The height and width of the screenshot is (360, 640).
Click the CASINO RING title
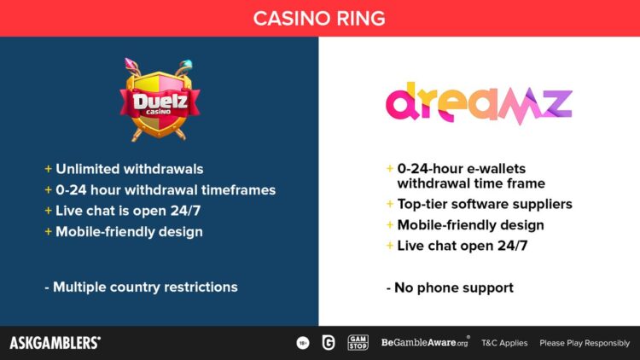[x=319, y=19]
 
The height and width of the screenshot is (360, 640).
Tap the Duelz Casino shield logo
[x=160, y=100]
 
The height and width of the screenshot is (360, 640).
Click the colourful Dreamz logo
[x=480, y=103]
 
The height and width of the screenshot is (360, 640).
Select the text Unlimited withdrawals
[x=130, y=169]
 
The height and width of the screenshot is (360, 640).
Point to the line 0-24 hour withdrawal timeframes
[x=166, y=189]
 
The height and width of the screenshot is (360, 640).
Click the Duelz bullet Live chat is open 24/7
[x=128, y=211]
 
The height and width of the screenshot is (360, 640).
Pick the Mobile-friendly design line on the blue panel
[x=130, y=232]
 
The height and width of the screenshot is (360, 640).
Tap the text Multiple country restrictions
[x=145, y=287]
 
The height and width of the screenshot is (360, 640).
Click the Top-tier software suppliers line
[x=485, y=204]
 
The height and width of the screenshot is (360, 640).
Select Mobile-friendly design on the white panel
[x=470, y=225]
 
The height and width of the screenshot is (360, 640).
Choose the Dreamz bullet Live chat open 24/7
[x=463, y=246]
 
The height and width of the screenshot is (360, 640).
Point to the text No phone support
[x=454, y=287]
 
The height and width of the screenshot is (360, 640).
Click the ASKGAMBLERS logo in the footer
[x=55, y=343]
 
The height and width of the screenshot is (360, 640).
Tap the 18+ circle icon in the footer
[x=303, y=343]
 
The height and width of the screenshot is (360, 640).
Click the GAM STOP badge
[x=358, y=343]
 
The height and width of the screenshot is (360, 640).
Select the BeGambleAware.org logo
[x=425, y=342]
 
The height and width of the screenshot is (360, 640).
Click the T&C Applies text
[x=504, y=343]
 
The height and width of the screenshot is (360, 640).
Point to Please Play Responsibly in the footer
[x=585, y=343]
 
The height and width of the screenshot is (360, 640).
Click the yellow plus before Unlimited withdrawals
[x=48, y=169]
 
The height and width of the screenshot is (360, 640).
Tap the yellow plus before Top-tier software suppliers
[x=390, y=204]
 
